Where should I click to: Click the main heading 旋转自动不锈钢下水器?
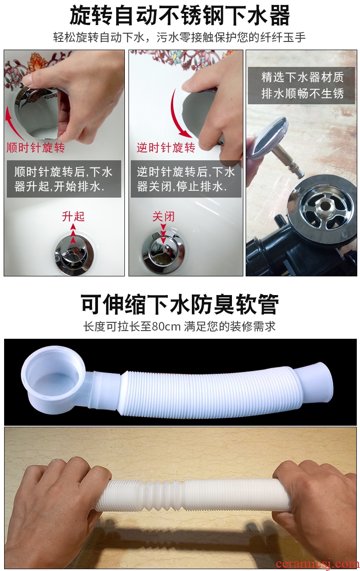click(x=180, y=16)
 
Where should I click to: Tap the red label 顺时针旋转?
click(x=36, y=148)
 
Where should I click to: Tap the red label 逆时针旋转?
click(x=166, y=148)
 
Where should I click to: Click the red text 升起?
click(x=73, y=216)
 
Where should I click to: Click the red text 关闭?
click(x=164, y=216)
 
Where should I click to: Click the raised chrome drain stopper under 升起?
click(x=73, y=253)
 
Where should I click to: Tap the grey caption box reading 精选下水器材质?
click(x=301, y=86)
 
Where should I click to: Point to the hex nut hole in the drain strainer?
click(x=325, y=206)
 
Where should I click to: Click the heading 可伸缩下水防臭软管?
click(x=180, y=305)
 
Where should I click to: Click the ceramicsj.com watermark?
click(x=317, y=563)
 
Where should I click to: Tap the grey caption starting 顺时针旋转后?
click(x=64, y=178)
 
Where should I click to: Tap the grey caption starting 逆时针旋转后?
click(x=186, y=178)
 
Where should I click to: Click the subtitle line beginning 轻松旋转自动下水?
click(x=180, y=37)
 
